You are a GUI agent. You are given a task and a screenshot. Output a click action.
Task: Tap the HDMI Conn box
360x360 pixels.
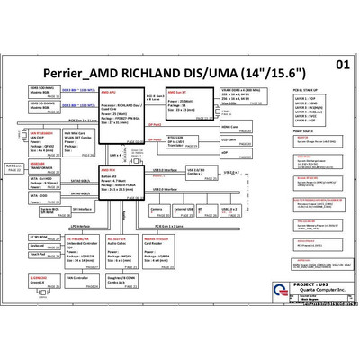[x=231, y=126]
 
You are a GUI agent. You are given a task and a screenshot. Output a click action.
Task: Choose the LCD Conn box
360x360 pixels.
[x=231, y=140]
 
